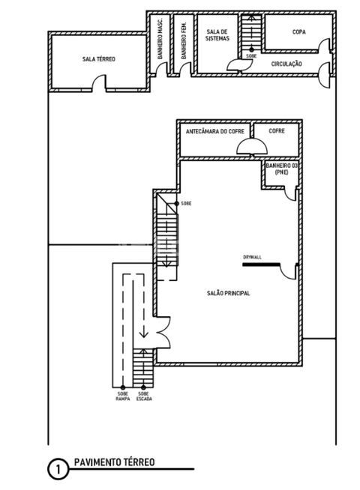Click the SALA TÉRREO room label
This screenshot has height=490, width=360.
[x=98, y=58]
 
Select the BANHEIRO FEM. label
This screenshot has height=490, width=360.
[x=184, y=40]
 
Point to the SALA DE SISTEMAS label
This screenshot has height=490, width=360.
[x=217, y=35]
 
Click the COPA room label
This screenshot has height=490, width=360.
[x=298, y=32]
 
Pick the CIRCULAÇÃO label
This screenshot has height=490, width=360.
[x=286, y=64]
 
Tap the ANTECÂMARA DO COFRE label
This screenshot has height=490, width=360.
[x=214, y=131]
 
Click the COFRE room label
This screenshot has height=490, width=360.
[x=277, y=130]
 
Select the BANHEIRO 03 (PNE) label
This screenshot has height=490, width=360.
[x=281, y=169]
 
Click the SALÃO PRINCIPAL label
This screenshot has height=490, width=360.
[x=228, y=293]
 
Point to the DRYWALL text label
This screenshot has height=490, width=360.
[x=252, y=257]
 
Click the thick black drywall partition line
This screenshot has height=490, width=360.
[x=261, y=264]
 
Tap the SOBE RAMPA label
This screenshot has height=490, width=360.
[x=122, y=396]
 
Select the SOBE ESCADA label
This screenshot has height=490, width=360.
[x=144, y=396]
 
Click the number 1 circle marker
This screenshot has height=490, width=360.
[x=58, y=469]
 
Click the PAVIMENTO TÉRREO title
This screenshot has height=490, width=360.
[x=115, y=462]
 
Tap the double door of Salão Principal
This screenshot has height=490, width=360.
[x=163, y=333]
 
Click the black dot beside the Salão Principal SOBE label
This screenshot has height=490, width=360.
[x=177, y=204]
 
